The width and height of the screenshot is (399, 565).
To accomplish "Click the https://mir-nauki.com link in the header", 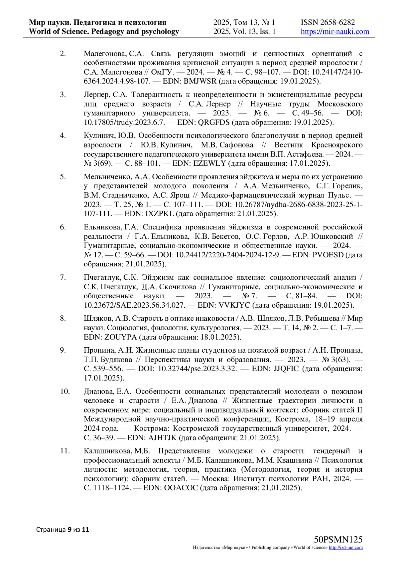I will click(335, 32).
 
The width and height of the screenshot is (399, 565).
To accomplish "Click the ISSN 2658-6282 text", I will click(328, 22).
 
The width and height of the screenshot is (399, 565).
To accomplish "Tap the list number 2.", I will click(63, 54).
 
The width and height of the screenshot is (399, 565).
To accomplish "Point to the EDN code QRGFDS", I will click(213, 122).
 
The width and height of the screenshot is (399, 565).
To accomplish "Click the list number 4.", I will click(63, 136).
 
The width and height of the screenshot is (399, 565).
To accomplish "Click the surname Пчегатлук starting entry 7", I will click(102, 277).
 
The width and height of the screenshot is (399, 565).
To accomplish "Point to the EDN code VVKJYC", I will click(235, 305).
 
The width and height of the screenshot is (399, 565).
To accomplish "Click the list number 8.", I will click(63, 318).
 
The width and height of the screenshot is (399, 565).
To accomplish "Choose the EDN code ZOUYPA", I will click(120, 337).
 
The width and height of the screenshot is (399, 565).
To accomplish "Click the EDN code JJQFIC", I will click(286, 369).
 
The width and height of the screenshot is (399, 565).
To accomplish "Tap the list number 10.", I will click(65, 392).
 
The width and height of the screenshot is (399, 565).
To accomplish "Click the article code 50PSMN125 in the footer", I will click(338, 540).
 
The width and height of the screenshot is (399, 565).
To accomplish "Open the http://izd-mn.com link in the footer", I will click(346, 548).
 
